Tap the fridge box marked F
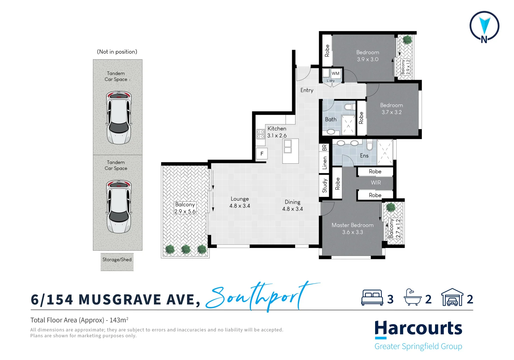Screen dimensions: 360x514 pyautogui.click(x=262, y=154)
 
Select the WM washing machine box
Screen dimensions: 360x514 pyautogui.click(x=335, y=73)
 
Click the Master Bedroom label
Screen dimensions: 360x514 pyautogui.click(x=352, y=225)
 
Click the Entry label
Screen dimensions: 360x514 pyautogui.click(x=307, y=90)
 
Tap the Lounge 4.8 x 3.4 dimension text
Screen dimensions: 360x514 pyautogui.click(x=240, y=206)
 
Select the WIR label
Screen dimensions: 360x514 pyautogui.click(x=376, y=183)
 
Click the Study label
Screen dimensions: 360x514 pyautogui.click(x=325, y=186)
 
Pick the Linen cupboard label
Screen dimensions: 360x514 pyautogui.click(x=325, y=163)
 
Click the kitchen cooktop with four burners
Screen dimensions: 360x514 pyautogui.click(x=260, y=134)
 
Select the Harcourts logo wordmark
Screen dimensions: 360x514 pyautogui.click(x=418, y=329)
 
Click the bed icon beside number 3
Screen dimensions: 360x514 pyautogui.click(x=372, y=298)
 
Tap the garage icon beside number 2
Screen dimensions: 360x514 pyautogui.click(x=452, y=297)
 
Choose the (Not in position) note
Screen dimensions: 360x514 pyautogui.click(x=117, y=52)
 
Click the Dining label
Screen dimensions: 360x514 pyautogui.click(x=292, y=202)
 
